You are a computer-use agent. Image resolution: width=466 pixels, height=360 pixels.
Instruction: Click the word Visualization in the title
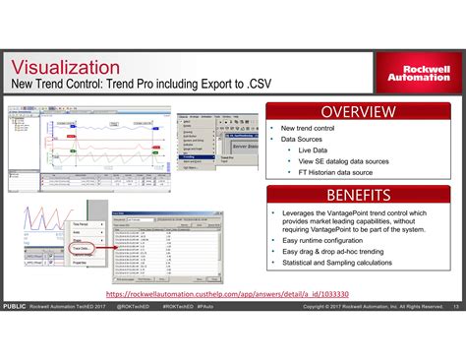[71, 67]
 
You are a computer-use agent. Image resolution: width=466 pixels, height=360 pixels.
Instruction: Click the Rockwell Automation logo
[414, 73]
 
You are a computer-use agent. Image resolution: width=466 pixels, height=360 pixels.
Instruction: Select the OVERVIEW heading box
[358, 110]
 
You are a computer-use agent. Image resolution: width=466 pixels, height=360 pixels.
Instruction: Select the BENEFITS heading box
[358, 194]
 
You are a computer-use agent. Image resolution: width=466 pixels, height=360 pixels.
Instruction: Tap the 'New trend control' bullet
[309, 129]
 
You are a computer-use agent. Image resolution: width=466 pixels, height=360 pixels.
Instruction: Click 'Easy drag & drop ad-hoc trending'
[340, 250]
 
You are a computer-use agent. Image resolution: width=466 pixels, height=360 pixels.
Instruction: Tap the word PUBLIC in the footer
[14, 308]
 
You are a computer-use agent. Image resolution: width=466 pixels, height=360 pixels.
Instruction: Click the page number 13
[456, 308]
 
